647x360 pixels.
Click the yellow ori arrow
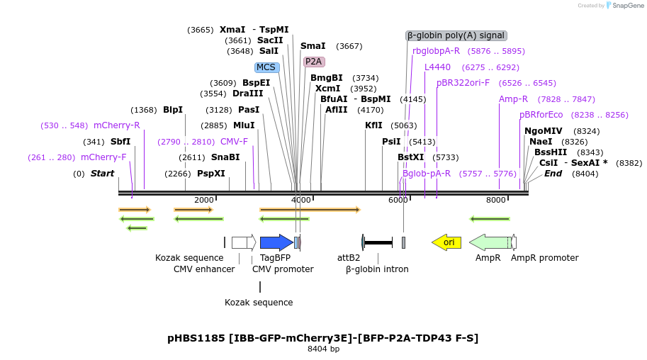pos(446,242)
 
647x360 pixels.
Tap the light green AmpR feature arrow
pos(490,242)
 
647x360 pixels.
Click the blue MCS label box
pos(266,67)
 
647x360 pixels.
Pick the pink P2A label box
pos(314,62)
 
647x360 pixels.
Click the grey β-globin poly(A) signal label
pos(456,35)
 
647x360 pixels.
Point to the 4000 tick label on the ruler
pos(301,200)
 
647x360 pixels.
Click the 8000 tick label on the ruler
pos(496,200)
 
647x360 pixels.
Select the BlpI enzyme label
pos(173,110)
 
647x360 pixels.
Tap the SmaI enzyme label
pos(313,46)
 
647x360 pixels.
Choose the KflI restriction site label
pos(373,125)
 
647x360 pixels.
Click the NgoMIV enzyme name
pos(544,131)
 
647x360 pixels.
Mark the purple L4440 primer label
pos(437,67)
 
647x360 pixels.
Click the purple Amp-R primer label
pos(513,99)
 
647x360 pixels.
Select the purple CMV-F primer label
pos(235,142)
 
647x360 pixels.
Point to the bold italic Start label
pos(103,174)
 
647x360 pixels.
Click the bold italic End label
pos(553,173)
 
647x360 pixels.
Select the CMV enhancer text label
pos(204,269)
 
